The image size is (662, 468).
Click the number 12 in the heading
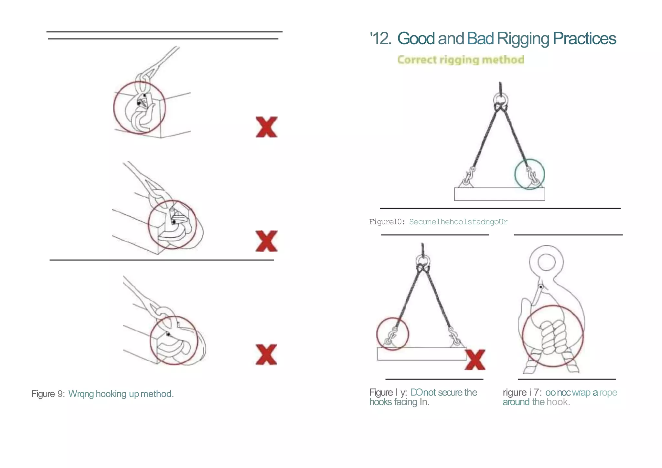382,38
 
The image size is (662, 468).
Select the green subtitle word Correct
417,60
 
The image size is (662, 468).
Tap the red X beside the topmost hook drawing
266,127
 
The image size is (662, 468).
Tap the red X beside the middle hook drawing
266,241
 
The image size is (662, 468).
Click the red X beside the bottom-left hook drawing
266,355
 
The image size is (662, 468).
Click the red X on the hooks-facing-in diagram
475,360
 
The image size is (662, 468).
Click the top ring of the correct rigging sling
500,99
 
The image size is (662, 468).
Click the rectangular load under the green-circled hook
499,194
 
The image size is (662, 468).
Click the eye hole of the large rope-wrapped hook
546,262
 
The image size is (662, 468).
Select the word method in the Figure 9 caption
156,394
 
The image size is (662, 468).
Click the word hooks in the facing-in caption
380,402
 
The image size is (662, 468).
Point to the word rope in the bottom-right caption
608,393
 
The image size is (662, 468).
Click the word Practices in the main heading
584,38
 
